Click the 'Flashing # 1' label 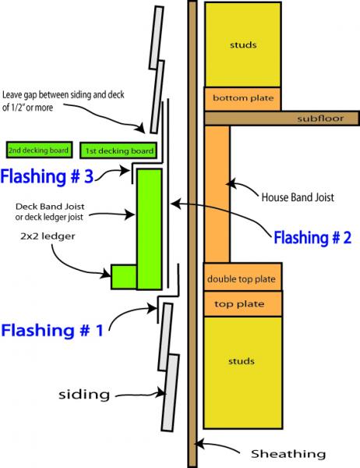coord(52,331)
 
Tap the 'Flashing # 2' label coord(312,238)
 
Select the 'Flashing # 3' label coord(47,176)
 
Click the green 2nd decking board coord(40,150)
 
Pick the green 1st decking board coord(118,150)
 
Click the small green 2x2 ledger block coord(124,277)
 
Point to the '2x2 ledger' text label coord(48,236)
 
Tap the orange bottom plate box coord(242,99)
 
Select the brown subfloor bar coord(282,119)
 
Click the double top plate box coord(242,277)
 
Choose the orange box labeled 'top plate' coord(242,304)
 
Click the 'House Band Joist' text coord(298,197)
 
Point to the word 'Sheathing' coord(288,454)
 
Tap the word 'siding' coord(84,395)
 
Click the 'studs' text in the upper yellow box coord(243,45)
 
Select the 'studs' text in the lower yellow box coord(242,361)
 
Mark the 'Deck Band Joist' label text coord(50,207)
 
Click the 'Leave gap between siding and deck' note coord(63,95)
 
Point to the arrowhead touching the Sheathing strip coord(199,444)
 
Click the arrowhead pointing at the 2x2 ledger coord(107,273)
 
